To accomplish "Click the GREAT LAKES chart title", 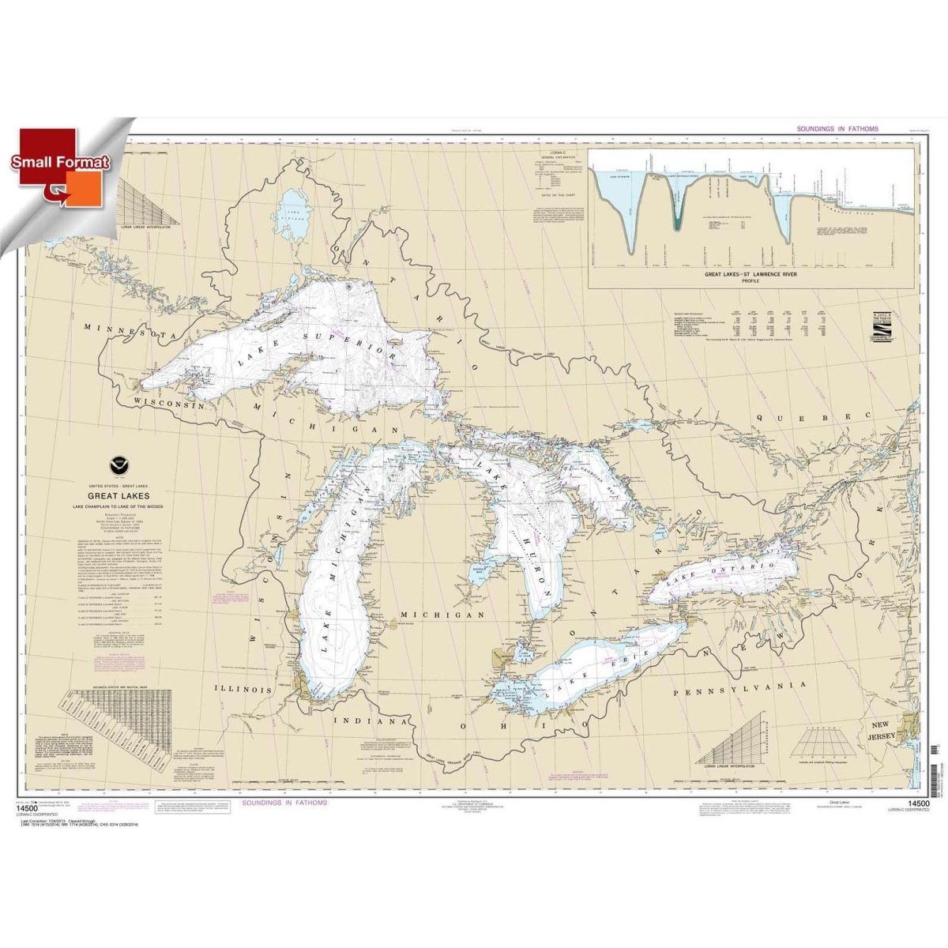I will coord(130,497).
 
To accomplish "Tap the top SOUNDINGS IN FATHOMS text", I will coord(826,129).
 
